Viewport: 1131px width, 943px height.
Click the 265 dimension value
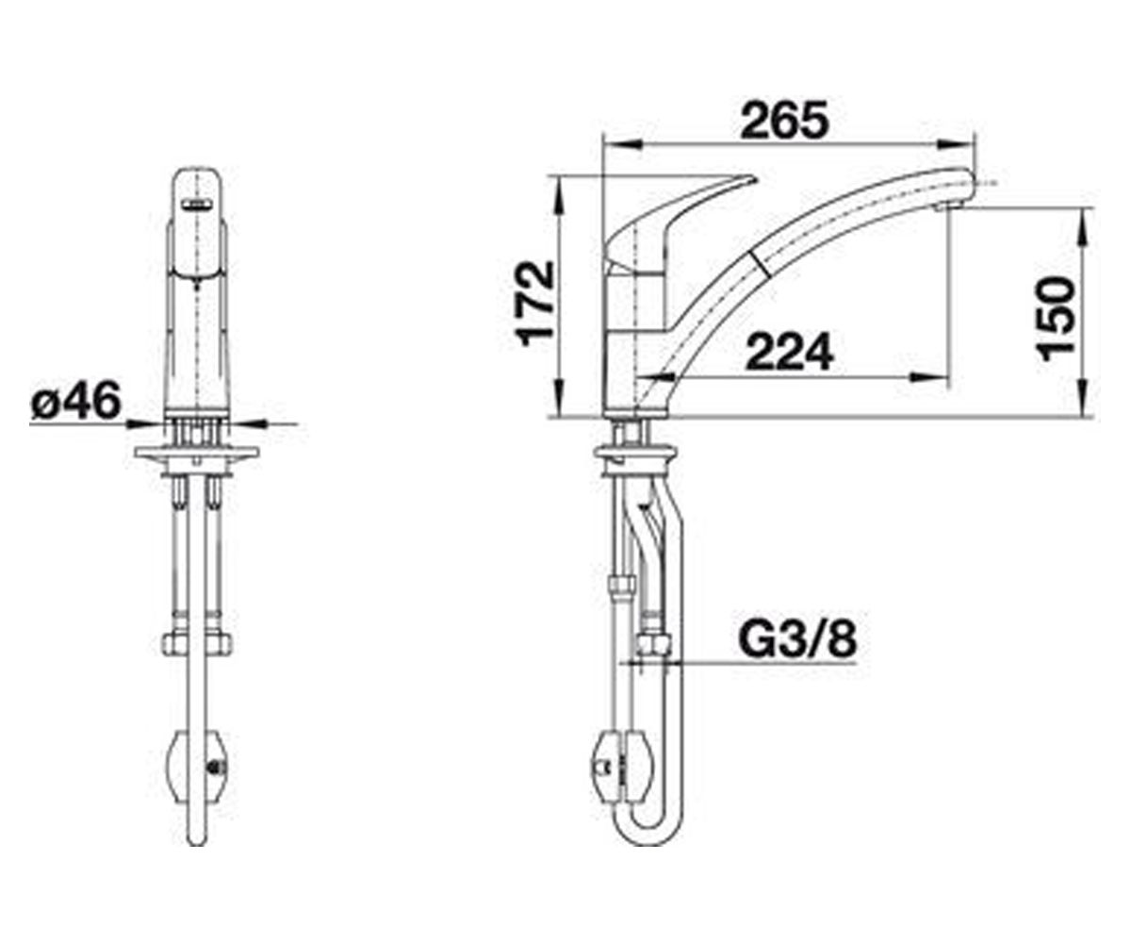click(785, 120)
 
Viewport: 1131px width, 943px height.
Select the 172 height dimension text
click(535, 304)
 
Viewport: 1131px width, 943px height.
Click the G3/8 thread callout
click(797, 640)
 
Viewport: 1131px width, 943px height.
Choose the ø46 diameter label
click(75, 401)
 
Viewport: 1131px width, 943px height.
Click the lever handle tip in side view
click(753, 177)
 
